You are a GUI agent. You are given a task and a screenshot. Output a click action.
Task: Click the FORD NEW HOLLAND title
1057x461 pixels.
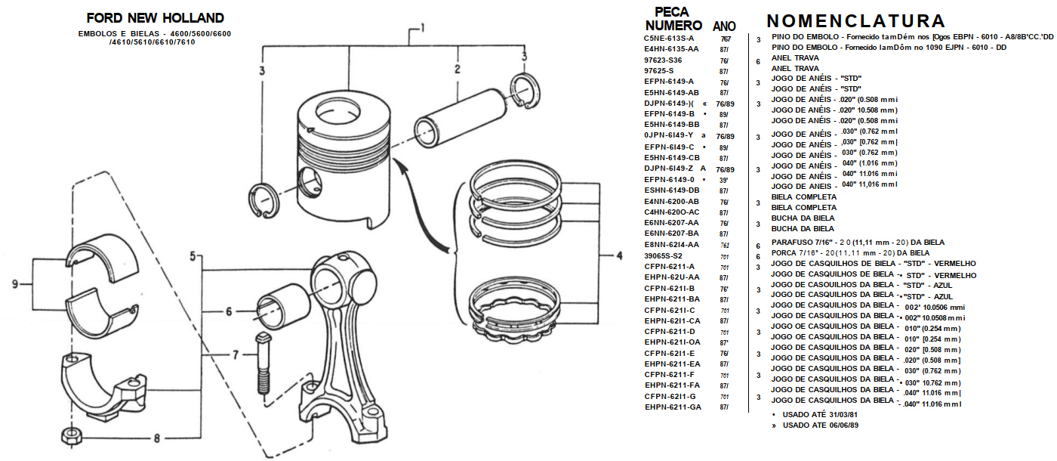155,18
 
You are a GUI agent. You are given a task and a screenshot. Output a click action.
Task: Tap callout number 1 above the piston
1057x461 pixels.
423,29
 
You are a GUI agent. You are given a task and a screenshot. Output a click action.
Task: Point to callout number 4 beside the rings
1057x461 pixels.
619,256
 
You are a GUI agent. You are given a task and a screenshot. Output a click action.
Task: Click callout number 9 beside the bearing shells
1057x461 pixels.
14,284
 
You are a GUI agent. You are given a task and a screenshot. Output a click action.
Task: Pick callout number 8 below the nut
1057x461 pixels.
157,439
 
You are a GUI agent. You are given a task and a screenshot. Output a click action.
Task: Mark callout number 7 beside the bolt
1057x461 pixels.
235,354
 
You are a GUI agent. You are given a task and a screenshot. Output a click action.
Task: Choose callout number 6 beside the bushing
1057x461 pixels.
227,311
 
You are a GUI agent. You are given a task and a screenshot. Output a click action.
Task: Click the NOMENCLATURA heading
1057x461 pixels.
855,21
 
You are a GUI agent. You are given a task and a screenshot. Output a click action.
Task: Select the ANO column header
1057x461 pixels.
724,26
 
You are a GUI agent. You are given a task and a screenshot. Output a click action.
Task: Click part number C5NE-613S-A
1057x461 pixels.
668,38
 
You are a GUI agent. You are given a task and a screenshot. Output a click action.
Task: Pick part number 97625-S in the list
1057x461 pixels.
658,70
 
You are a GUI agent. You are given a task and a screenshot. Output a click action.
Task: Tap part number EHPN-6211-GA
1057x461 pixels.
673,407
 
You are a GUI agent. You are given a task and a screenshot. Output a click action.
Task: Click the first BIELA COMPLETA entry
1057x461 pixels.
803,196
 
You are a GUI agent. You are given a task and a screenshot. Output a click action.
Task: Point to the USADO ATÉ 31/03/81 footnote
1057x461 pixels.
819,415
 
